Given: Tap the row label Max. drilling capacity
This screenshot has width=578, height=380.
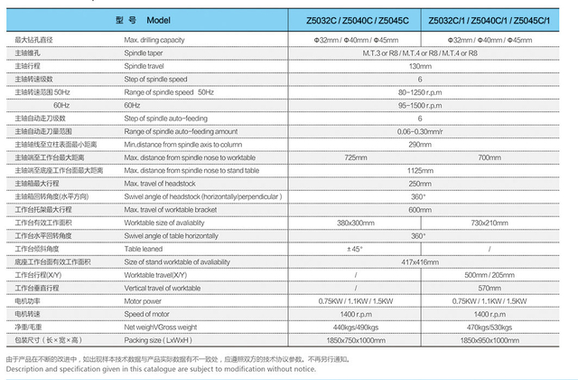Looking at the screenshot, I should tap(161, 41).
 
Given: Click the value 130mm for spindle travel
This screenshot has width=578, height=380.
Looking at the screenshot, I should tap(419, 66).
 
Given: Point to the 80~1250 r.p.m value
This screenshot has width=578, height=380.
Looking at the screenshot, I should tap(419, 92).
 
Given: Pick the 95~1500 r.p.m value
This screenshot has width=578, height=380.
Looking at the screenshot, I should tap(419, 105).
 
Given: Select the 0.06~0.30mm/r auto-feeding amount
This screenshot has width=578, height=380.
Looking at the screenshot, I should tap(419, 131).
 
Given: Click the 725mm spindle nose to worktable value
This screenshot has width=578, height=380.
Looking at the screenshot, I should tap(355, 157).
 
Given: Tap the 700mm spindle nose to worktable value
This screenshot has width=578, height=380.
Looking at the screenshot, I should tap(489, 157).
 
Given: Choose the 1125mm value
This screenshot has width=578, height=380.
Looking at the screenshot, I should tap(419, 170).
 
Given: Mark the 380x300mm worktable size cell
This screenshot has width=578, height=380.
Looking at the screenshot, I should tap(355, 223).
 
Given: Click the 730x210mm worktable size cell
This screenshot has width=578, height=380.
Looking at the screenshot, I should tap(489, 223).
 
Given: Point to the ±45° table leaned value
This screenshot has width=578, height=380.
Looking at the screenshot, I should tap(355, 249).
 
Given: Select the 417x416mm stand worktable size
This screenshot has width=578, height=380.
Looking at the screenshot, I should tap(419, 261).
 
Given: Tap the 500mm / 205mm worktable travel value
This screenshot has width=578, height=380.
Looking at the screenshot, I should tap(489, 274).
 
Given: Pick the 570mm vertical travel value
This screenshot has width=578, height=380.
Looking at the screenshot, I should tap(489, 288).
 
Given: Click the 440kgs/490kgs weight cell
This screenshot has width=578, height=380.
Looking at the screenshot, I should tap(355, 327).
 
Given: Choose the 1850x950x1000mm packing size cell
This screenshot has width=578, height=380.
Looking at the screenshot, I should tap(489, 339).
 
